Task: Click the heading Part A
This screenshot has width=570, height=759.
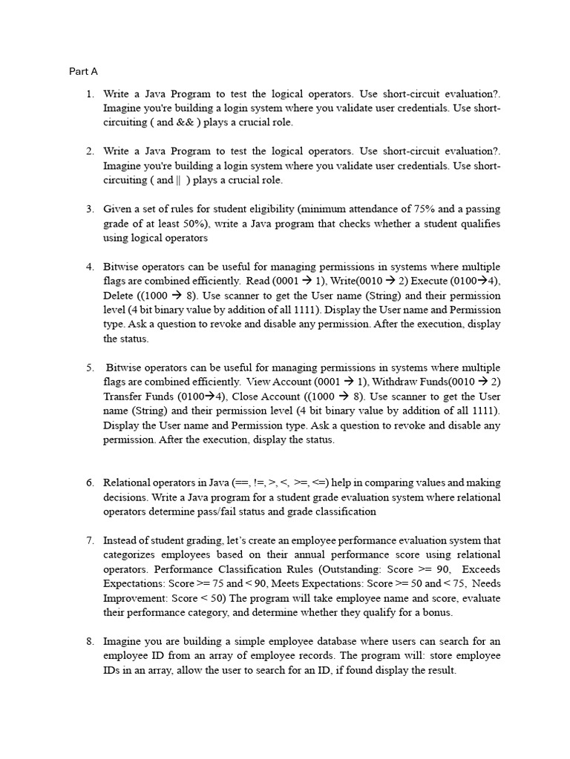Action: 83,72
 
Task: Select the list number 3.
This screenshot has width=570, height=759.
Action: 89,210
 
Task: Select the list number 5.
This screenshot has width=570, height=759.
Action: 89,368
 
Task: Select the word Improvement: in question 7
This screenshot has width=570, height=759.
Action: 134,598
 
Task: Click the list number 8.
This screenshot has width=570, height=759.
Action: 89,642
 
